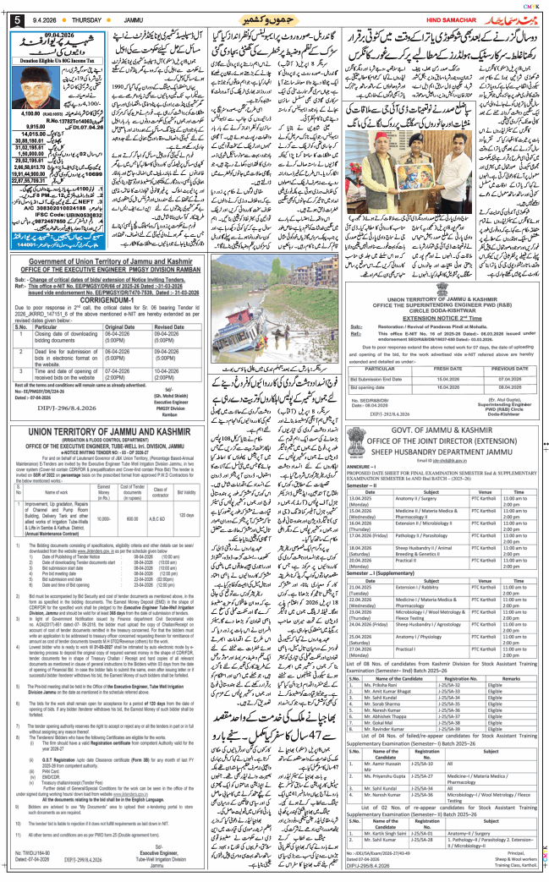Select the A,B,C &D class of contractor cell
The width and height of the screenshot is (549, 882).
157,518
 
